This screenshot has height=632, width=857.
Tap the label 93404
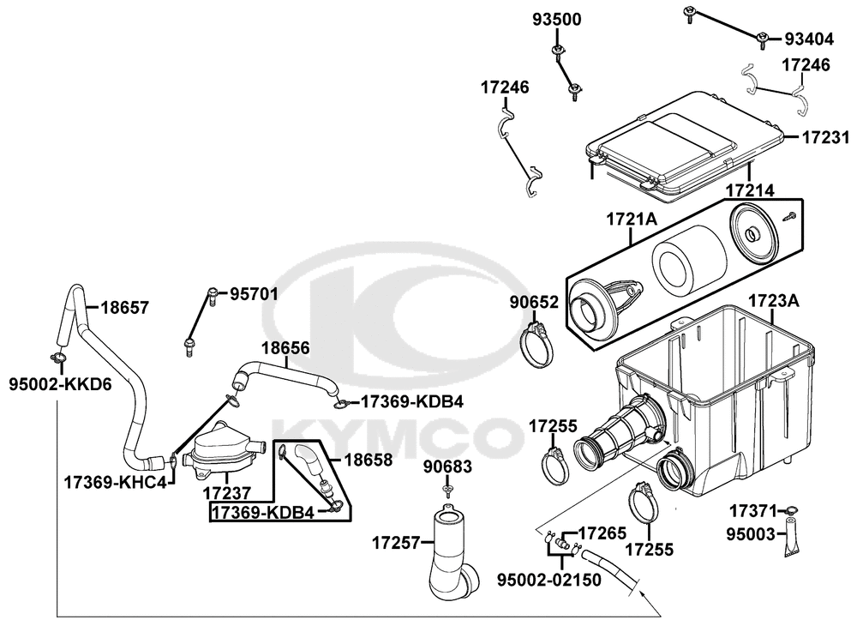point(809,39)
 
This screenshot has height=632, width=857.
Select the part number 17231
point(825,136)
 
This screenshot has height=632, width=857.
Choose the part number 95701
point(254,294)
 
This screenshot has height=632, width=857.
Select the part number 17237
point(226,494)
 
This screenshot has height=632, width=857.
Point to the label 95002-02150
point(549,580)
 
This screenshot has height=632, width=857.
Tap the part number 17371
point(752,511)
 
